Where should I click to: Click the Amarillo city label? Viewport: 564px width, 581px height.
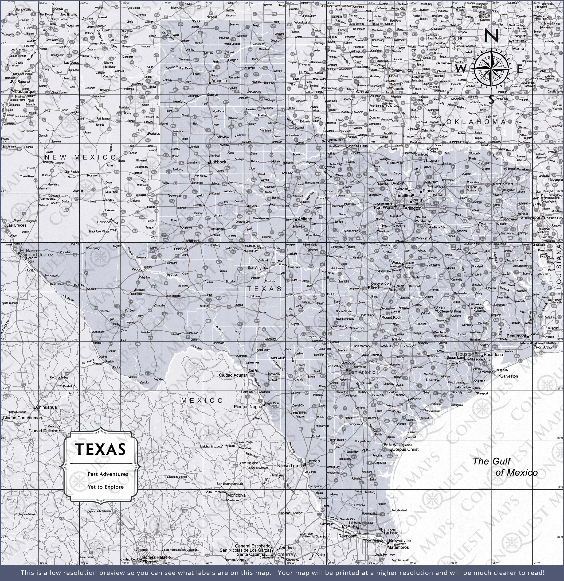point(219,81)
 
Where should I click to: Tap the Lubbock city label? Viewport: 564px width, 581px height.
point(218,162)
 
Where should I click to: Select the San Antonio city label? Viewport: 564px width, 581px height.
point(362,372)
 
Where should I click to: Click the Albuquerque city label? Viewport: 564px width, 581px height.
point(23,92)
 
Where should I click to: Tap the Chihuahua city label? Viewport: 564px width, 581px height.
point(46,407)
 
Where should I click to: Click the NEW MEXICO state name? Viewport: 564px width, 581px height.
point(80,157)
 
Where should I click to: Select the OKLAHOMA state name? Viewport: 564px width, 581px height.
point(476,122)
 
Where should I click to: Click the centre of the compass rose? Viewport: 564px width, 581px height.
point(492,69)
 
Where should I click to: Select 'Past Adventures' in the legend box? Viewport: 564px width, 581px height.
point(108,474)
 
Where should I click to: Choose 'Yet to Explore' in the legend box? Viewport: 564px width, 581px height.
point(105,487)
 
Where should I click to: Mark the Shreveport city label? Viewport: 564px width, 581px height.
point(531,217)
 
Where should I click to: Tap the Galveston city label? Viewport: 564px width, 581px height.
point(509,376)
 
